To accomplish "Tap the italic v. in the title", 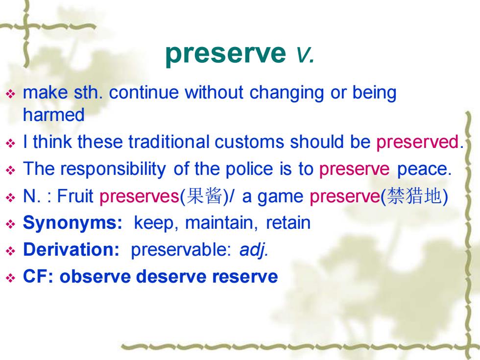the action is (x=305, y=54).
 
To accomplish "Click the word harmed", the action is (x=53, y=115).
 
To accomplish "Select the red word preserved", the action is (x=417, y=142).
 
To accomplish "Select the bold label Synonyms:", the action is (x=72, y=223).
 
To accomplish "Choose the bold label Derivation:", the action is (x=71, y=249).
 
